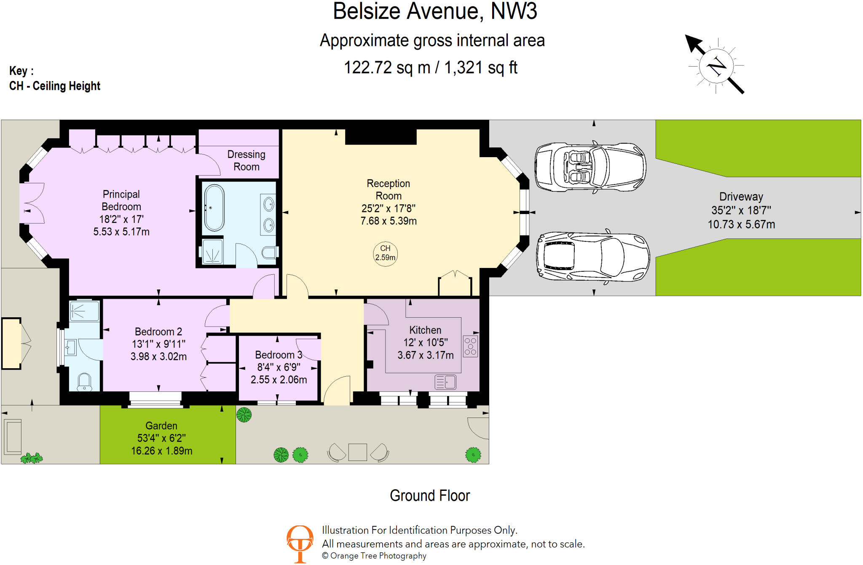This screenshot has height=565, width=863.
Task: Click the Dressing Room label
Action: click(247, 161)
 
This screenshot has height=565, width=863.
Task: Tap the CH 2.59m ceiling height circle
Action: click(385, 253)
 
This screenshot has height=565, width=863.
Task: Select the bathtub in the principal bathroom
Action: click(214, 208)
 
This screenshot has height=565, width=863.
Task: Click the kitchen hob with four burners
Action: click(470, 346)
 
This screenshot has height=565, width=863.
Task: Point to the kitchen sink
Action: click(445, 382)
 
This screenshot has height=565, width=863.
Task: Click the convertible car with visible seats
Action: click(590, 167)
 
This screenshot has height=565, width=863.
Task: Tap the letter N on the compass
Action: click(716, 66)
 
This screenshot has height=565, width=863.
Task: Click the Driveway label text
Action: click(741, 197)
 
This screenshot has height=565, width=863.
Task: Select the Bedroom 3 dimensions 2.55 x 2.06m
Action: click(279, 380)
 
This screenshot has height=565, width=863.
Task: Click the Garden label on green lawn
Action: click(161, 426)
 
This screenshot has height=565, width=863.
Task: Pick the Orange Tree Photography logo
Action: click(300, 544)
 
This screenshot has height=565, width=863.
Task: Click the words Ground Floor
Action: click(429, 496)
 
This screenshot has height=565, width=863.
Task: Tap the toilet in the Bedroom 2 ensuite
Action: click(85, 382)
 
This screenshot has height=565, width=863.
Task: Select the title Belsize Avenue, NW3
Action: click(435, 11)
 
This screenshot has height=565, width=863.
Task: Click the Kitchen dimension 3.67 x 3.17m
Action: click(426, 355)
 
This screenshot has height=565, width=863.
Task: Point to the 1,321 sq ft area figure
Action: click(480, 67)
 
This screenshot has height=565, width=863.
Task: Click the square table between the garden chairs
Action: click(358, 452)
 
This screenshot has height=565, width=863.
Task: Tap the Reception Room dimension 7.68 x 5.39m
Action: click(389, 221)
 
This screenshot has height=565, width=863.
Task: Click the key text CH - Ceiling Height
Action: click(55, 86)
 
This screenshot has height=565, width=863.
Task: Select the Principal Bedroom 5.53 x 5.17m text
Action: click(121, 232)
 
